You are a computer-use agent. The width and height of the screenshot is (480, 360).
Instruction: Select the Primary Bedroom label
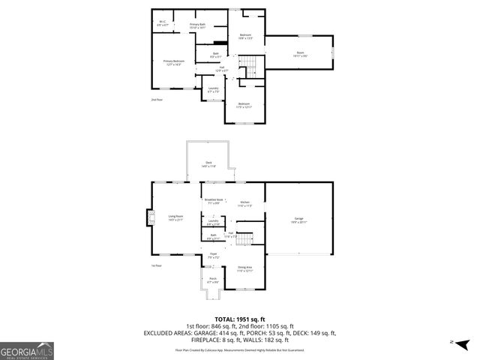(x=173, y=62)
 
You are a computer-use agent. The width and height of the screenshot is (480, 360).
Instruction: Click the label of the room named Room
(x=300, y=55)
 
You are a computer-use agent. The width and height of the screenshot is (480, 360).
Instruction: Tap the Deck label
(x=208, y=164)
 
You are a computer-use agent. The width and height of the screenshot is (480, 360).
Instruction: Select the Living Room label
(x=175, y=218)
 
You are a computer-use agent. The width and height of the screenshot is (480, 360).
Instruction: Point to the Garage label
(x=298, y=220)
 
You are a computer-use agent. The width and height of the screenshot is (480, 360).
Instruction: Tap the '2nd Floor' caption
(x=156, y=100)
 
